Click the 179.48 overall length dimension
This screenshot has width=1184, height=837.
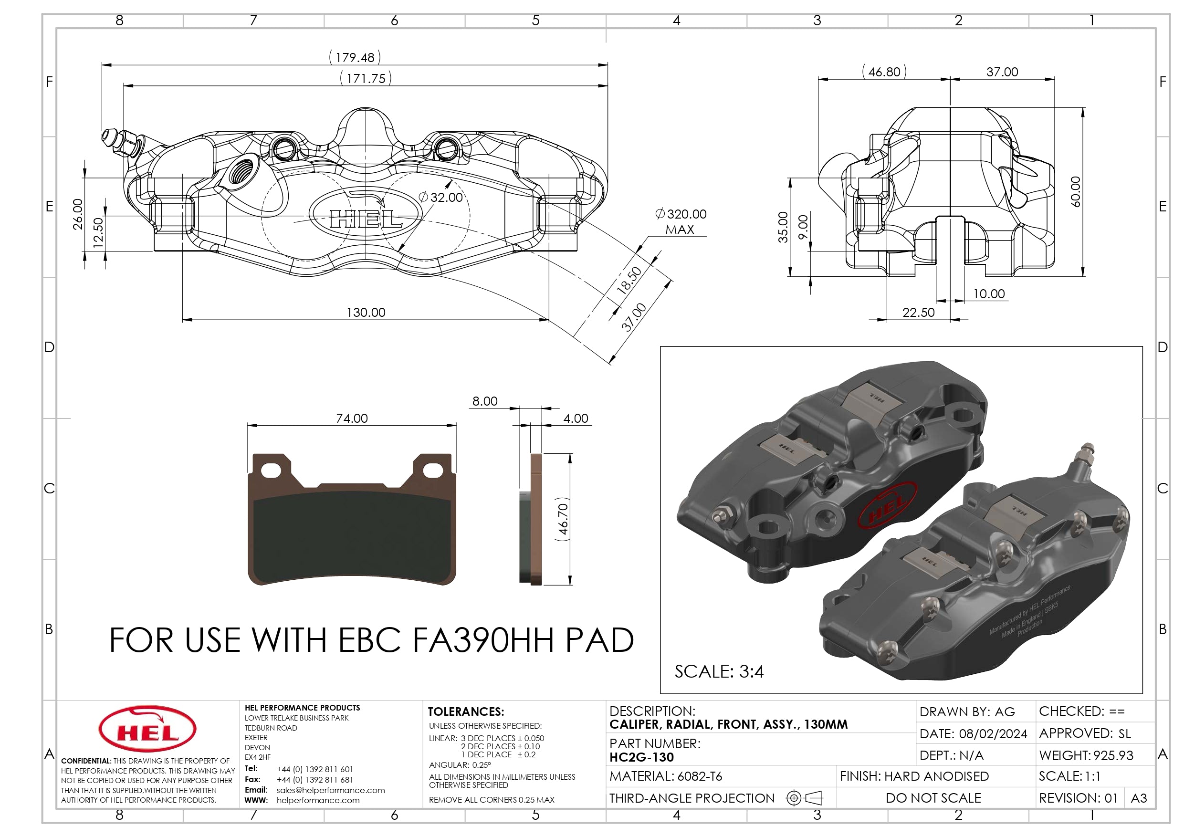[355, 57]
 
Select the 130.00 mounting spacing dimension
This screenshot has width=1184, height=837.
[366, 313]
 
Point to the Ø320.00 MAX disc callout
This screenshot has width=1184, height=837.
[681, 221]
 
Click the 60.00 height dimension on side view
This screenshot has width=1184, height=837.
[1076, 192]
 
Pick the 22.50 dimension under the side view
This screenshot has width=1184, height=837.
[918, 313]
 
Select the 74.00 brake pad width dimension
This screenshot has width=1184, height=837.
[352, 418]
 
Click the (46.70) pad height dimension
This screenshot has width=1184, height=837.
[563, 519]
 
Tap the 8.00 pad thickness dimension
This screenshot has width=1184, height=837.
[485, 401]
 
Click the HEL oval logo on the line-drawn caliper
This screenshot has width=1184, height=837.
[365, 213]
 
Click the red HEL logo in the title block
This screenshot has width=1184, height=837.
[147, 729]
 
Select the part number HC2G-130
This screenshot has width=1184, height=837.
[641, 757]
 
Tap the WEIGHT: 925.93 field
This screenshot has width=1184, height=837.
[1086, 755]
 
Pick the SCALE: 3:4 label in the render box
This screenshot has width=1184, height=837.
[719, 671]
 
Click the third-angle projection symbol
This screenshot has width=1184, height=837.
[804, 798]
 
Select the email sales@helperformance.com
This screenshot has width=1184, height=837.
[331, 790]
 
